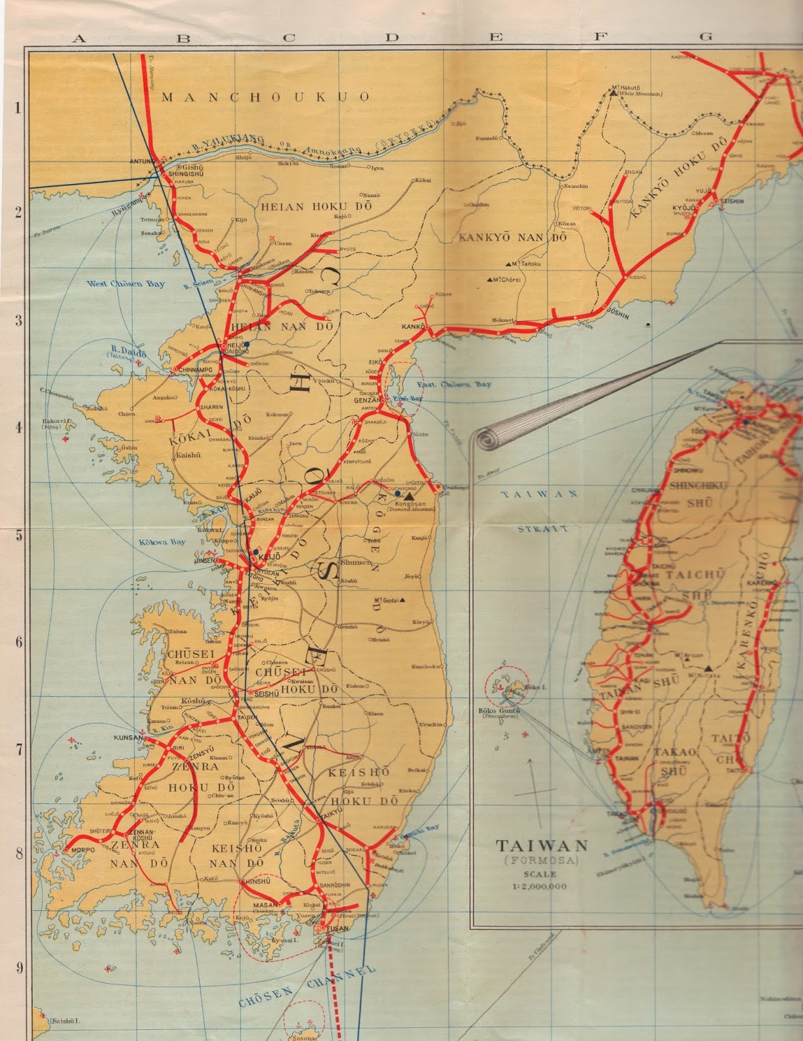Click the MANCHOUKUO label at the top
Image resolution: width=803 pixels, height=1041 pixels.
pyautogui.click(x=265, y=97)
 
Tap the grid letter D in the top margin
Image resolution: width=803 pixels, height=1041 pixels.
pyautogui.click(x=391, y=38)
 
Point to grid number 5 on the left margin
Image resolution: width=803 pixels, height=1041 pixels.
pyautogui.click(x=18, y=535)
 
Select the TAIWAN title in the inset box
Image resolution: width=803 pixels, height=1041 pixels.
pyautogui.click(x=542, y=846)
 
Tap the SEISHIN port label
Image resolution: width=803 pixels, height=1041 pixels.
pyautogui.click(x=731, y=202)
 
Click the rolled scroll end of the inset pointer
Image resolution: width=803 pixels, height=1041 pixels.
pyautogui.click(x=487, y=439)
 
